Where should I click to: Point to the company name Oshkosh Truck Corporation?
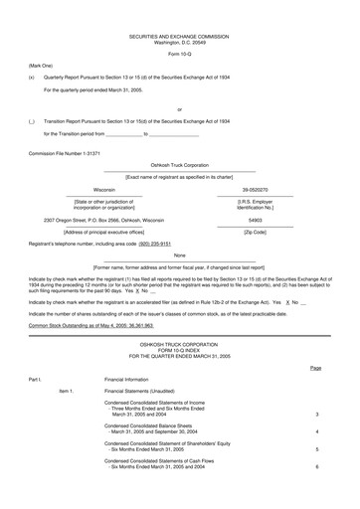tap(179, 165)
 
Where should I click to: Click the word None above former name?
tap(179, 255)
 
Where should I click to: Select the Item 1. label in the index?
tap(66, 392)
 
